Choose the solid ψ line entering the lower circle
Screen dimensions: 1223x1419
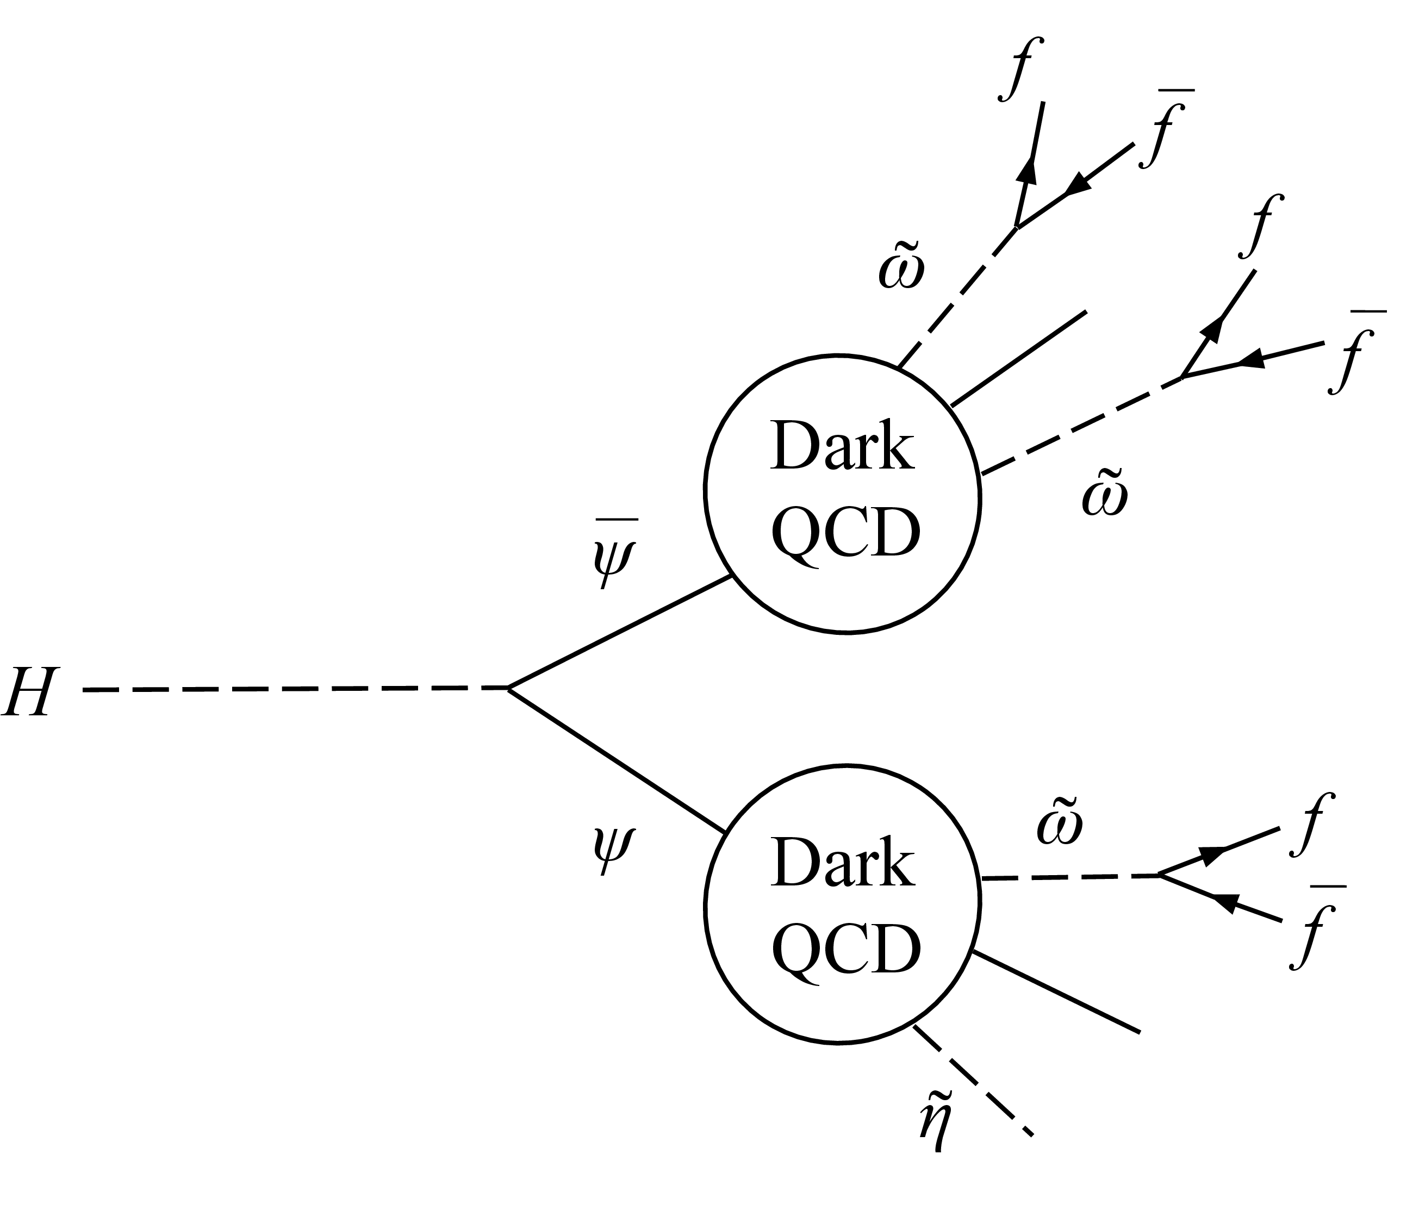coord(617,760)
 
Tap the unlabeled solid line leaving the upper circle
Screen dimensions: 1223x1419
coord(1019,359)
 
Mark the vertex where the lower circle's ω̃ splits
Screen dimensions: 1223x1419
coord(1158,875)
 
